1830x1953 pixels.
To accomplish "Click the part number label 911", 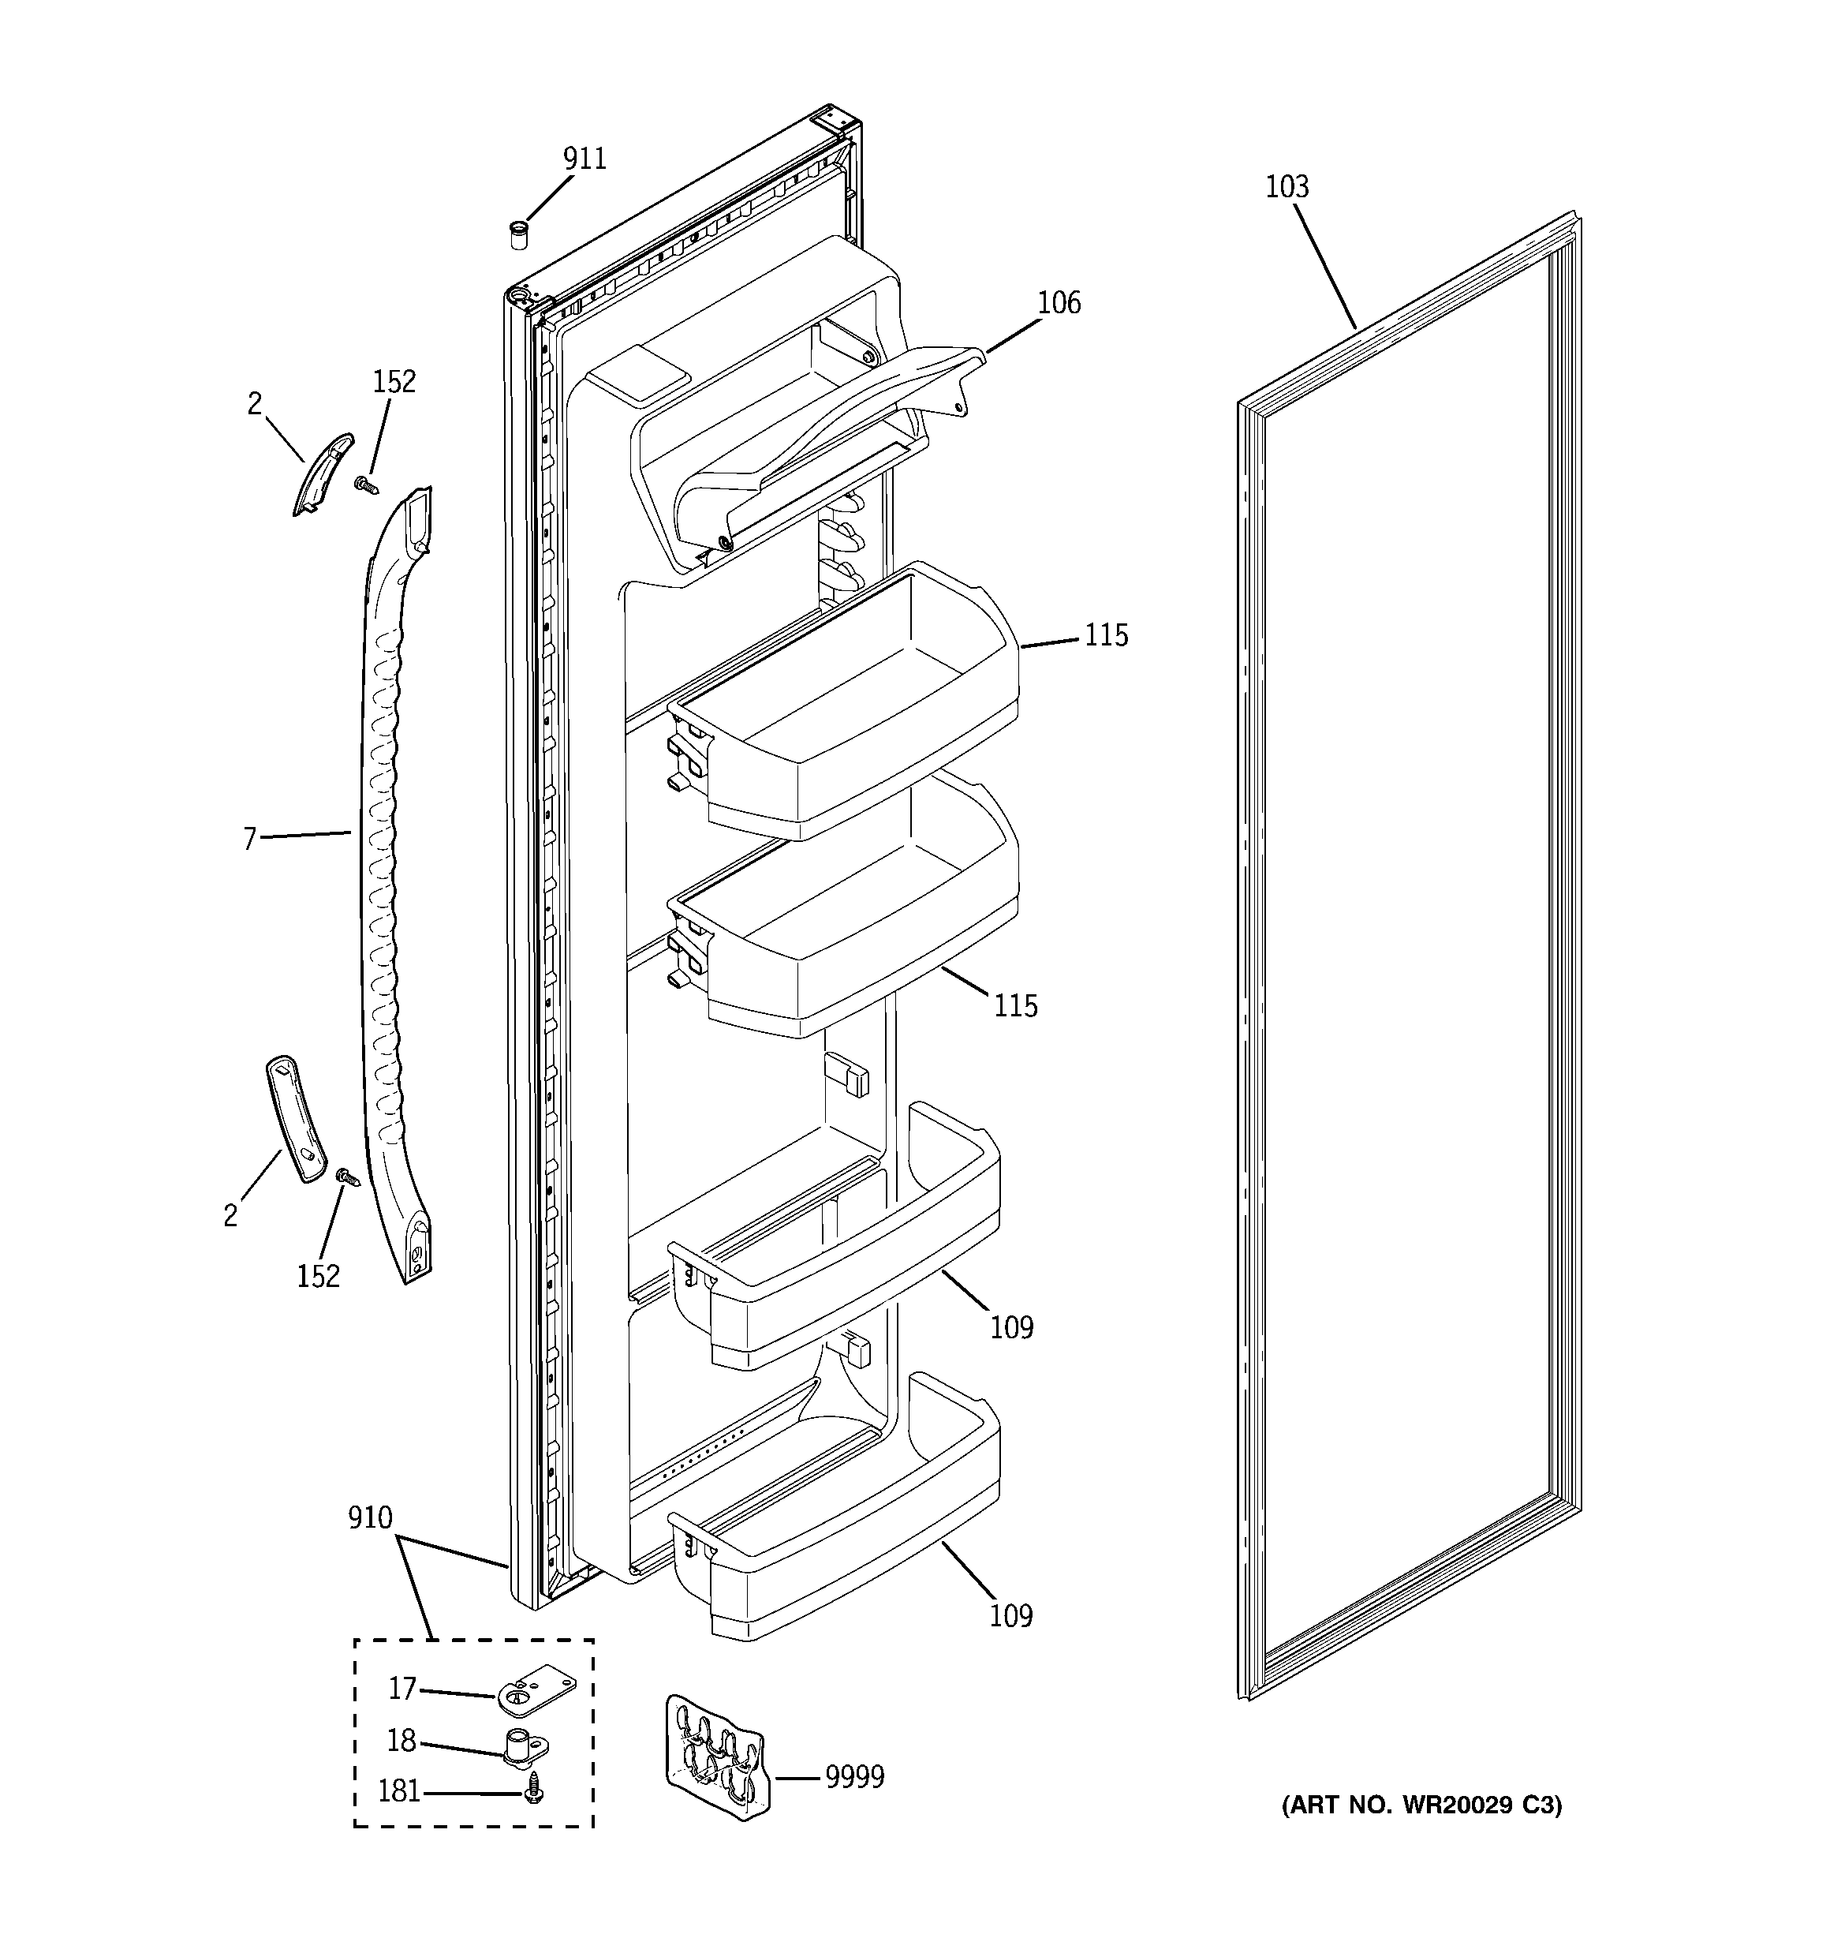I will coord(584,159).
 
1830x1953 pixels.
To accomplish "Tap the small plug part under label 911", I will coord(517,236).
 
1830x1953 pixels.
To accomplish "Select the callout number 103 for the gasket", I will coord(1287,187).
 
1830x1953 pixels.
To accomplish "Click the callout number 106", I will coord(1059,302).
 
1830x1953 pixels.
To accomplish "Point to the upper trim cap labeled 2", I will coord(322,473).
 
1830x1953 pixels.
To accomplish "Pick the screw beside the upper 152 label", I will coord(368,485).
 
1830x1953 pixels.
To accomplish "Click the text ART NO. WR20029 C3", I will coord(1421,1805).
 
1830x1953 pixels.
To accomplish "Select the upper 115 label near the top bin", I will coord(1106,635).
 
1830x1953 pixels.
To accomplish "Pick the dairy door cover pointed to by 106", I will coord(805,432).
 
